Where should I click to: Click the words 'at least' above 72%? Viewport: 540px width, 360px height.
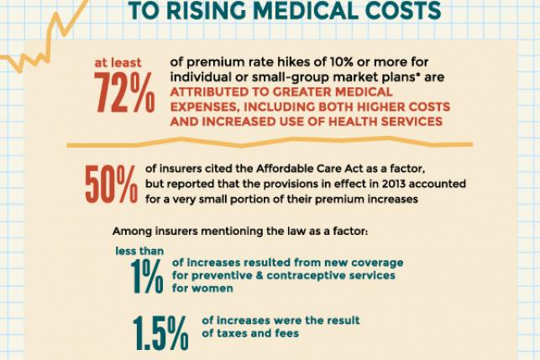tap(118, 62)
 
